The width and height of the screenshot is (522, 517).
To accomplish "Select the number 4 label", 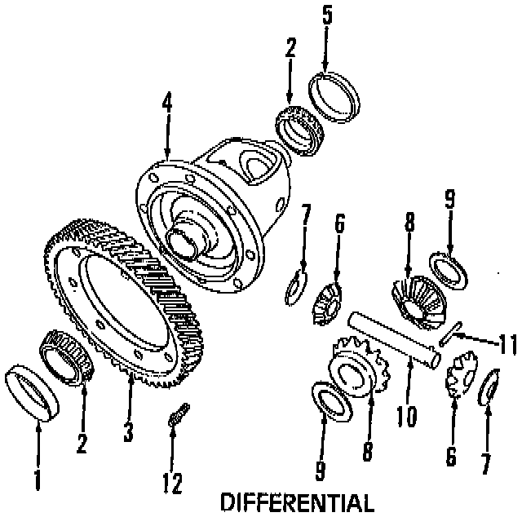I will tap(166, 106).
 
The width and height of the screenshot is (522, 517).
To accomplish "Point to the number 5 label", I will tap(326, 15).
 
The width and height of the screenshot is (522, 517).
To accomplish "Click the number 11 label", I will tap(507, 346).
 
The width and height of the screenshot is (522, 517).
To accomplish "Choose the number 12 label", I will tap(173, 483).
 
